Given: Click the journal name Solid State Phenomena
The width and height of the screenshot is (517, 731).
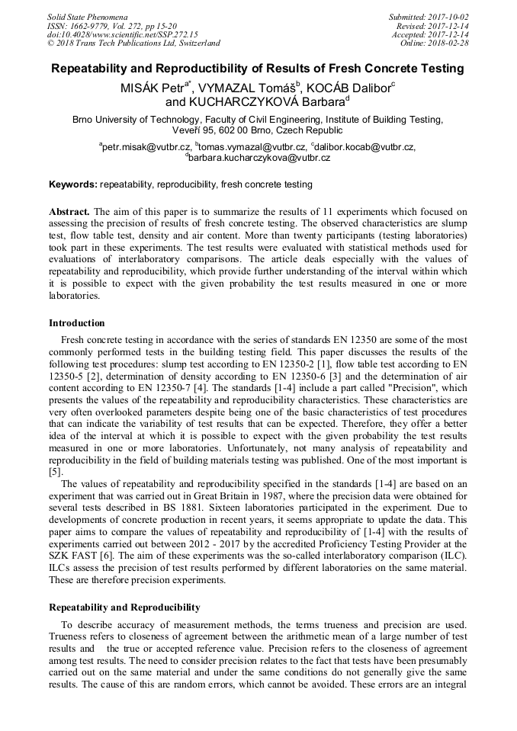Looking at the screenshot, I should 87,16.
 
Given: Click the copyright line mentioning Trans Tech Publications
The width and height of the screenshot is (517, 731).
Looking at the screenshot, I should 133,43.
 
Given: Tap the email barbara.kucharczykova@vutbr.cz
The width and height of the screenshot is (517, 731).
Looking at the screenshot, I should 259,158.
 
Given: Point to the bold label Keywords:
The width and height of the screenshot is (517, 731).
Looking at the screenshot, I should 73,184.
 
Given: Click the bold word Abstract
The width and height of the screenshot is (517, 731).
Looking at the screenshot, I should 69,211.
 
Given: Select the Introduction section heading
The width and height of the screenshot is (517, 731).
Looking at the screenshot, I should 77,323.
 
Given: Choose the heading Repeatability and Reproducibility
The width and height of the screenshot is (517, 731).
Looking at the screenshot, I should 124,608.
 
